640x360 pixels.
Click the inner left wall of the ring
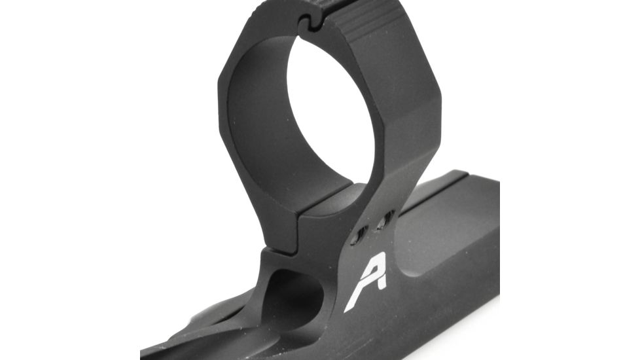(x=252, y=131)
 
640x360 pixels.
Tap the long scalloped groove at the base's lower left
(x=216, y=327)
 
